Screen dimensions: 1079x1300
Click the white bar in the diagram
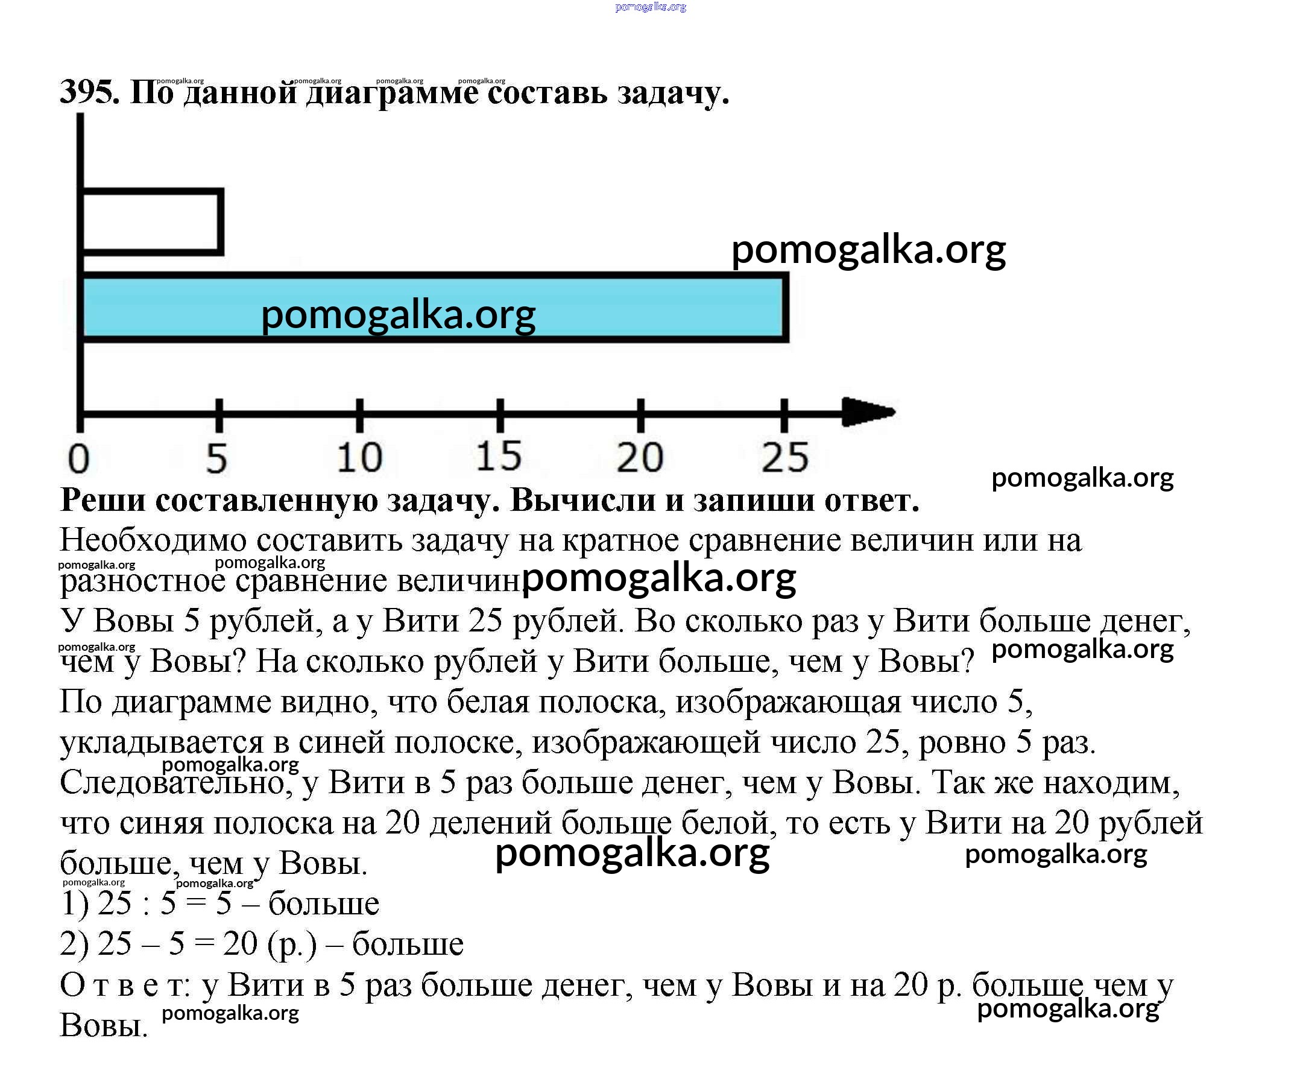pos(152,222)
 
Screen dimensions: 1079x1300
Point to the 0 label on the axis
pos(78,459)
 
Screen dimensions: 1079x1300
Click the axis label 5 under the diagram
pos(216,459)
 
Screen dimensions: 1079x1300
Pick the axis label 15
pos(499,456)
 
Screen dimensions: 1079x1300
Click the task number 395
pos(89,93)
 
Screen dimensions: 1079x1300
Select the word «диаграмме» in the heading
pos(393,94)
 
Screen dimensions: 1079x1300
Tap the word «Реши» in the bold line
pos(102,500)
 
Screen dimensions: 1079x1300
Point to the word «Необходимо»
pos(153,540)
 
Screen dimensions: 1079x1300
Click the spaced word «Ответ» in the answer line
pos(124,985)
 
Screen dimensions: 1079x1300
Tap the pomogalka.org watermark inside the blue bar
pos(398,314)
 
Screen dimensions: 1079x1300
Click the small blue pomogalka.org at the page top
pos(651,7)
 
